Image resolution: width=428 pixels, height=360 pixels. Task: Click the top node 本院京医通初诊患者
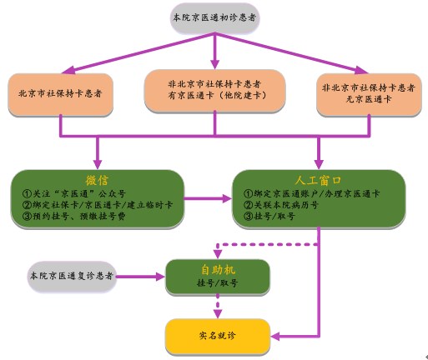click(x=214, y=18)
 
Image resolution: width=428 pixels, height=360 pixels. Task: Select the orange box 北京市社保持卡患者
click(x=60, y=94)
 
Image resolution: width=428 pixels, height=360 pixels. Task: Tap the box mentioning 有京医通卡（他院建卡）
click(x=214, y=91)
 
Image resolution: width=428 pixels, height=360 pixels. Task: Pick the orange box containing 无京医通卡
click(x=369, y=94)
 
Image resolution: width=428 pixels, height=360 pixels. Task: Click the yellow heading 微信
click(x=97, y=181)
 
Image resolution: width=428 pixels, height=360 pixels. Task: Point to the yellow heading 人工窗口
click(x=318, y=181)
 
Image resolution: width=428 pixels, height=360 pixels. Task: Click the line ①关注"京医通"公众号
click(x=74, y=193)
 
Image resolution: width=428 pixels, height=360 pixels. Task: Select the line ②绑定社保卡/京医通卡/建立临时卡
click(x=98, y=205)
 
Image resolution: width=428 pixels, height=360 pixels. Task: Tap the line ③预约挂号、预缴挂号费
click(x=74, y=216)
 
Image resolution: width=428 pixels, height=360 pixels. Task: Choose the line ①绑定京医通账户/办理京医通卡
click(x=311, y=193)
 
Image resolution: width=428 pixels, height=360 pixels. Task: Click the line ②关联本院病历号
click(x=281, y=205)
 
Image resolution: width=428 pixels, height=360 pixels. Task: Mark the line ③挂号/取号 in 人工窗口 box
click(x=269, y=216)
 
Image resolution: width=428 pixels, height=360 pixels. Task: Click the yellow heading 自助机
click(x=218, y=269)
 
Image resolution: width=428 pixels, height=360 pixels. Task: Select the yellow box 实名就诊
click(x=218, y=337)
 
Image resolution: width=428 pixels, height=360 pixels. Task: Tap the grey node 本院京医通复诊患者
click(x=72, y=276)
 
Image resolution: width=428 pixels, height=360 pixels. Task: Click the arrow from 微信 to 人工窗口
click(x=208, y=198)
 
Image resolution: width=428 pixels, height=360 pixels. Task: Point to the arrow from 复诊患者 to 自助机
click(x=140, y=277)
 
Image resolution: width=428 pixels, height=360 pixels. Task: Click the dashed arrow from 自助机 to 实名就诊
click(x=218, y=306)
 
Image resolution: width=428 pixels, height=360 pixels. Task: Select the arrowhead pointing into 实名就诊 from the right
click(x=275, y=337)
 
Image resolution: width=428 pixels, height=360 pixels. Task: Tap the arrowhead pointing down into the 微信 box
click(x=98, y=164)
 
